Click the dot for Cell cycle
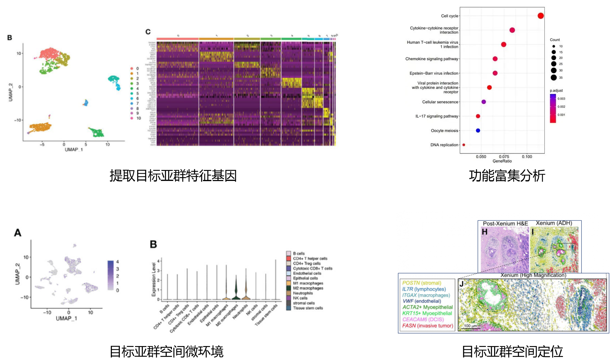click(x=540, y=16)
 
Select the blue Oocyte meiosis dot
click(x=478, y=131)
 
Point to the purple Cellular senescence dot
click(x=484, y=102)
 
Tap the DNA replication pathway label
click(x=444, y=145)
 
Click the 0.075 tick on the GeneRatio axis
click(x=504, y=157)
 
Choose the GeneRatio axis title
click(x=502, y=161)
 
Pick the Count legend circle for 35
click(x=553, y=78)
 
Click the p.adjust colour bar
click(x=553, y=108)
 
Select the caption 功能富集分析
click(x=507, y=176)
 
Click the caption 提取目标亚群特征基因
click(x=173, y=176)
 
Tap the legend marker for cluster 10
click(x=132, y=118)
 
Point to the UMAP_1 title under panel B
click(x=74, y=150)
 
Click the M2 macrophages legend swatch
click(x=288, y=288)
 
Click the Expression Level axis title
click(x=154, y=279)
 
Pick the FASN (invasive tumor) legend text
click(x=427, y=326)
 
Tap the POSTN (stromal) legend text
click(x=422, y=283)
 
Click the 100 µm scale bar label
click(x=470, y=326)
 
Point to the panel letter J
click(x=461, y=284)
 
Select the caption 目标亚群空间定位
click(x=512, y=352)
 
